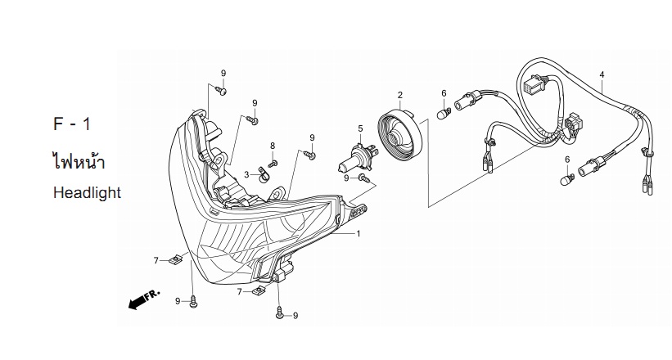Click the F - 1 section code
(x=72, y=124)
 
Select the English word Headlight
(x=87, y=193)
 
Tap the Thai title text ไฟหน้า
(x=79, y=160)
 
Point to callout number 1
(x=359, y=233)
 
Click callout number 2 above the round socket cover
(x=400, y=95)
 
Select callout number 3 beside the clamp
(x=246, y=174)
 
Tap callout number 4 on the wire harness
(x=602, y=74)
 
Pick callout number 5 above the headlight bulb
(x=360, y=128)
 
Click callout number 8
(x=273, y=146)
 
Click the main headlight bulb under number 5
(x=358, y=158)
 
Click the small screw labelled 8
(x=273, y=164)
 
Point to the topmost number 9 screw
(x=221, y=91)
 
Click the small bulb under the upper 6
(x=443, y=114)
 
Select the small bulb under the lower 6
(x=566, y=179)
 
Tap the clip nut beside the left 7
(x=175, y=259)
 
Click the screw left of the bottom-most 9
(x=280, y=313)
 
